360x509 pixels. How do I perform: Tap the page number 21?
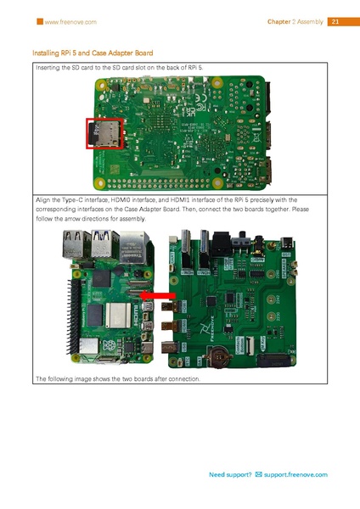point(334,20)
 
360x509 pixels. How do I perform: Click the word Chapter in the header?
point(280,20)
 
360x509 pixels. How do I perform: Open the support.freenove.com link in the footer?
point(297,474)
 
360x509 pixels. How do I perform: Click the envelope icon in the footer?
point(260,474)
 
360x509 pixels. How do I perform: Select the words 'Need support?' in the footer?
point(230,474)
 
